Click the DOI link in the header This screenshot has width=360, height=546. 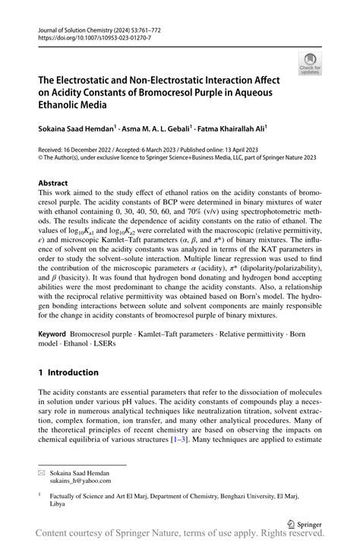[x=84, y=36]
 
